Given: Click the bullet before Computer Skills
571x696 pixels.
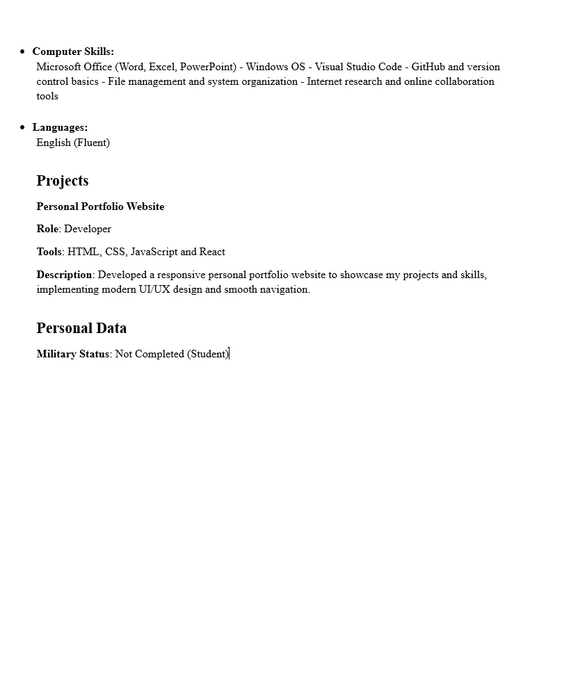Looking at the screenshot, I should pyautogui.click(x=23, y=51).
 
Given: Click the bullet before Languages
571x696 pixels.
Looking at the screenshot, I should pyautogui.click(x=23, y=127).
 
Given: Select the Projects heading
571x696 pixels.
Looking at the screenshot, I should pyautogui.click(x=63, y=181).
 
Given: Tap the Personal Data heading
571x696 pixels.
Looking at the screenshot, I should pyautogui.click(x=81, y=328).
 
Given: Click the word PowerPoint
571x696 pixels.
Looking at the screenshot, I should pyautogui.click(x=208, y=67).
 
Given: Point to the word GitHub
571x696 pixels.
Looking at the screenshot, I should pyautogui.click(x=428, y=67).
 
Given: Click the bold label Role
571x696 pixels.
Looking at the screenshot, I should pyautogui.click(x=47, y=229).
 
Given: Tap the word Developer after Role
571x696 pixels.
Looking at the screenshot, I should pyautogui.click(x=88, y=229).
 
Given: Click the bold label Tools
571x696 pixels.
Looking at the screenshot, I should pyautogui.click(x=49, y=252).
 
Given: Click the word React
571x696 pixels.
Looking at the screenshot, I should pyautogui.click(x=212, y=252).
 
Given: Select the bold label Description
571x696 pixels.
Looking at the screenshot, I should pyautogui.click(x=65, y=275).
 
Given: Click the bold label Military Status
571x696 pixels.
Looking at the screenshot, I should pyautogui.click(x=73, y=354).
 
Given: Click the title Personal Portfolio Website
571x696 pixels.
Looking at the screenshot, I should pyautogui.click(x=100, y=207).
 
